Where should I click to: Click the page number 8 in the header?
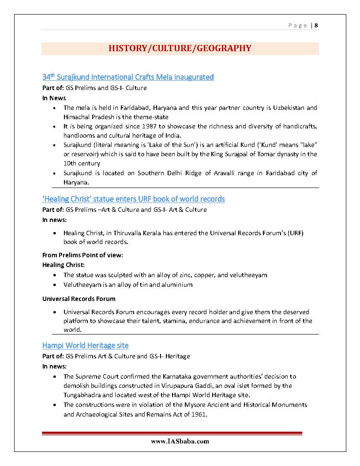point(316,26)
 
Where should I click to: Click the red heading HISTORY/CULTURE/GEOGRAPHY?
point(180,49)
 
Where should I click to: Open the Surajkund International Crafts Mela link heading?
point(128,77)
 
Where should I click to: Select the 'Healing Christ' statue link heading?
point(133,199)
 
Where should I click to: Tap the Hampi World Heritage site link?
point(85,345)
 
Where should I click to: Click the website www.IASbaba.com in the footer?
point(180,441)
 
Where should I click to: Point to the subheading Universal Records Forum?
point(79,299)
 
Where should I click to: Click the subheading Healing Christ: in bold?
point(64,265)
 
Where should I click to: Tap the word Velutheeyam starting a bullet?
point(81,285)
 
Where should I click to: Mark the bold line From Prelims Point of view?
point(82,255)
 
